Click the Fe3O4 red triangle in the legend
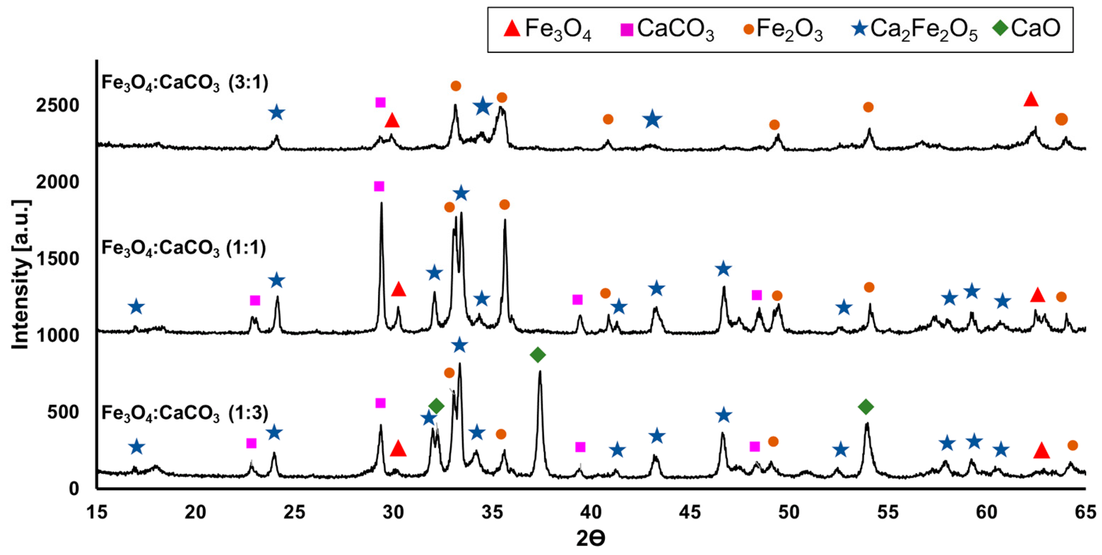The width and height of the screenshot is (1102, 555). point(512,28)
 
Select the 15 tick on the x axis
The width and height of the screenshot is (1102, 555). point(97,512)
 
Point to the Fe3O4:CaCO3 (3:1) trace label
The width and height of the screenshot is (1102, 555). point(185,83)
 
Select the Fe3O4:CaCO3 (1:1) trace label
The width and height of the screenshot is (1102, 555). point(184,248)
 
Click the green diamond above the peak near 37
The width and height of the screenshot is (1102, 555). point(538,355)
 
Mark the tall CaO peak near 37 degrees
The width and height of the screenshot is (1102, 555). point(540,372)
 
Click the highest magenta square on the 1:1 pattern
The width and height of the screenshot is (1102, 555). point(379,187)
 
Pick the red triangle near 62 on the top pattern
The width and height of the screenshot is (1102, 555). point(1031,99)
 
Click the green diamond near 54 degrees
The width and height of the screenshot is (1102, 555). point(866,407)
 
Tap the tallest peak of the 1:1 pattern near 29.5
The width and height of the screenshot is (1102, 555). point(381,205)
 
